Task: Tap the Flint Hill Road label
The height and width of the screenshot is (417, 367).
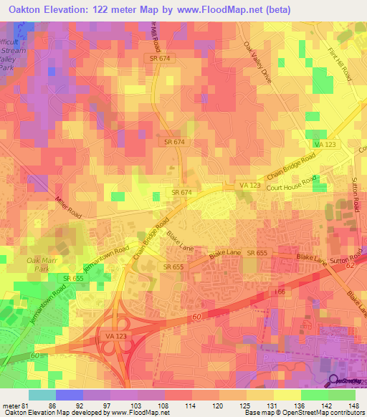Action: click(340, 64)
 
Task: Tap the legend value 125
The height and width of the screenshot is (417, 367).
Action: click(245, 405)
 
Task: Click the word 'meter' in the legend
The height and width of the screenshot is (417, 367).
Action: click(11, 405)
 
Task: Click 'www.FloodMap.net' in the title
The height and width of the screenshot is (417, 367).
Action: click(219, 9)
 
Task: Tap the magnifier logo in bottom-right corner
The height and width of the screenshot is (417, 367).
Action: click(335, 382)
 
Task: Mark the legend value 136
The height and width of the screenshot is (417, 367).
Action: click(300, 405)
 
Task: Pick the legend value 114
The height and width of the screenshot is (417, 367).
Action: click(191, 405)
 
